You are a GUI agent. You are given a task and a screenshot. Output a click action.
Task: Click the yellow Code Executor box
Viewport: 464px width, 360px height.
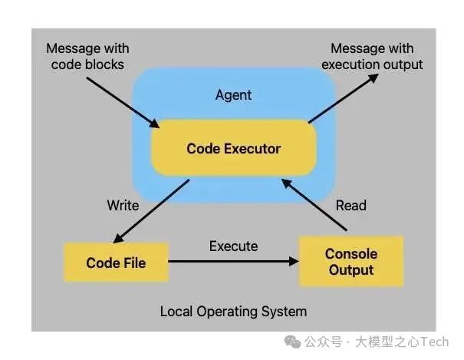coord(234,148)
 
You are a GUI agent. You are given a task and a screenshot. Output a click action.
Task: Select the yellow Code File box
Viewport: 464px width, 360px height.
coord(116,263)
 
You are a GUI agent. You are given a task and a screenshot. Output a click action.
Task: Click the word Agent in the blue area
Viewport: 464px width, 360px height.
coord(234,96)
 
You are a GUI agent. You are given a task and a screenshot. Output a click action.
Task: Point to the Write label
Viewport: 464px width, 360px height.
coord(123,205)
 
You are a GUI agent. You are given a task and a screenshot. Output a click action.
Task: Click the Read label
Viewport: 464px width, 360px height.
coord(350,205)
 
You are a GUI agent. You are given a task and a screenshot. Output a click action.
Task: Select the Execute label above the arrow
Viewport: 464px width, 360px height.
coord(233,246)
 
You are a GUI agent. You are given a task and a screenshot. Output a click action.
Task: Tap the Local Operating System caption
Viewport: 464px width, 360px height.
coord(233,311)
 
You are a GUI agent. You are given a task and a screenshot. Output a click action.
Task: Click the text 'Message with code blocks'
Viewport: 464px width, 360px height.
coord(87,57)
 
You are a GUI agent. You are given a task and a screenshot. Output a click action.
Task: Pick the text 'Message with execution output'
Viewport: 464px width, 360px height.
coord(372,57)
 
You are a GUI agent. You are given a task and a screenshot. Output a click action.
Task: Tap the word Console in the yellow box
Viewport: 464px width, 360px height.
coord(350,254)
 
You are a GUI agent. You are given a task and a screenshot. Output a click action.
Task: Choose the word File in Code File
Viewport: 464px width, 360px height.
coord(133,263)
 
